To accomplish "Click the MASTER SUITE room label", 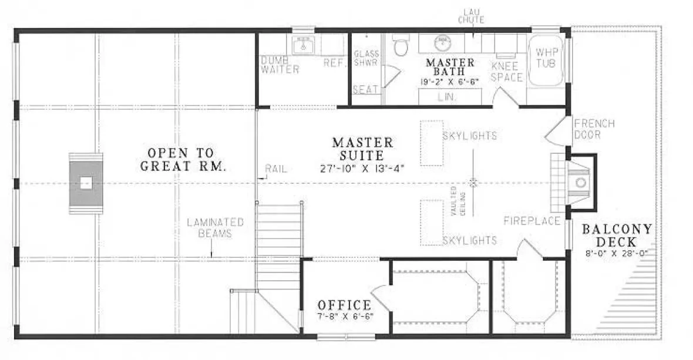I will pyautogui.click(x=362, y=149).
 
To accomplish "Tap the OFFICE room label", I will pyautogui.click(x=344, y=305).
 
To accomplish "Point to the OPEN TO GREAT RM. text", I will pyautogui.click(x=183, y=159).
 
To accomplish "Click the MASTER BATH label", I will pyautogui.click(x=450, y=67).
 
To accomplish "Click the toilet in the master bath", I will pyautogui.click(x=401, y=46).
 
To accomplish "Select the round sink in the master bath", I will pyautogui.click(x=442, y=43).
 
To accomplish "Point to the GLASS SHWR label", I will pyautogui.click(x=366, y=58).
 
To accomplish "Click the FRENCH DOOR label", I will pyautogui.click(x=594, y=129).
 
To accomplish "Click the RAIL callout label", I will pyautogui.click(x=276, y=169).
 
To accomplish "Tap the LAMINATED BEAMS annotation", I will pyautogui.click(x=215, y=228).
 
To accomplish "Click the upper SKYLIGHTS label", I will pyautogui.click(x=470, y=136).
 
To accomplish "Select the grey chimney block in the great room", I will pyautogui.click(x=86, y=183).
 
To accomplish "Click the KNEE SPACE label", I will pyautogui.click(x=506, y=71).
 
